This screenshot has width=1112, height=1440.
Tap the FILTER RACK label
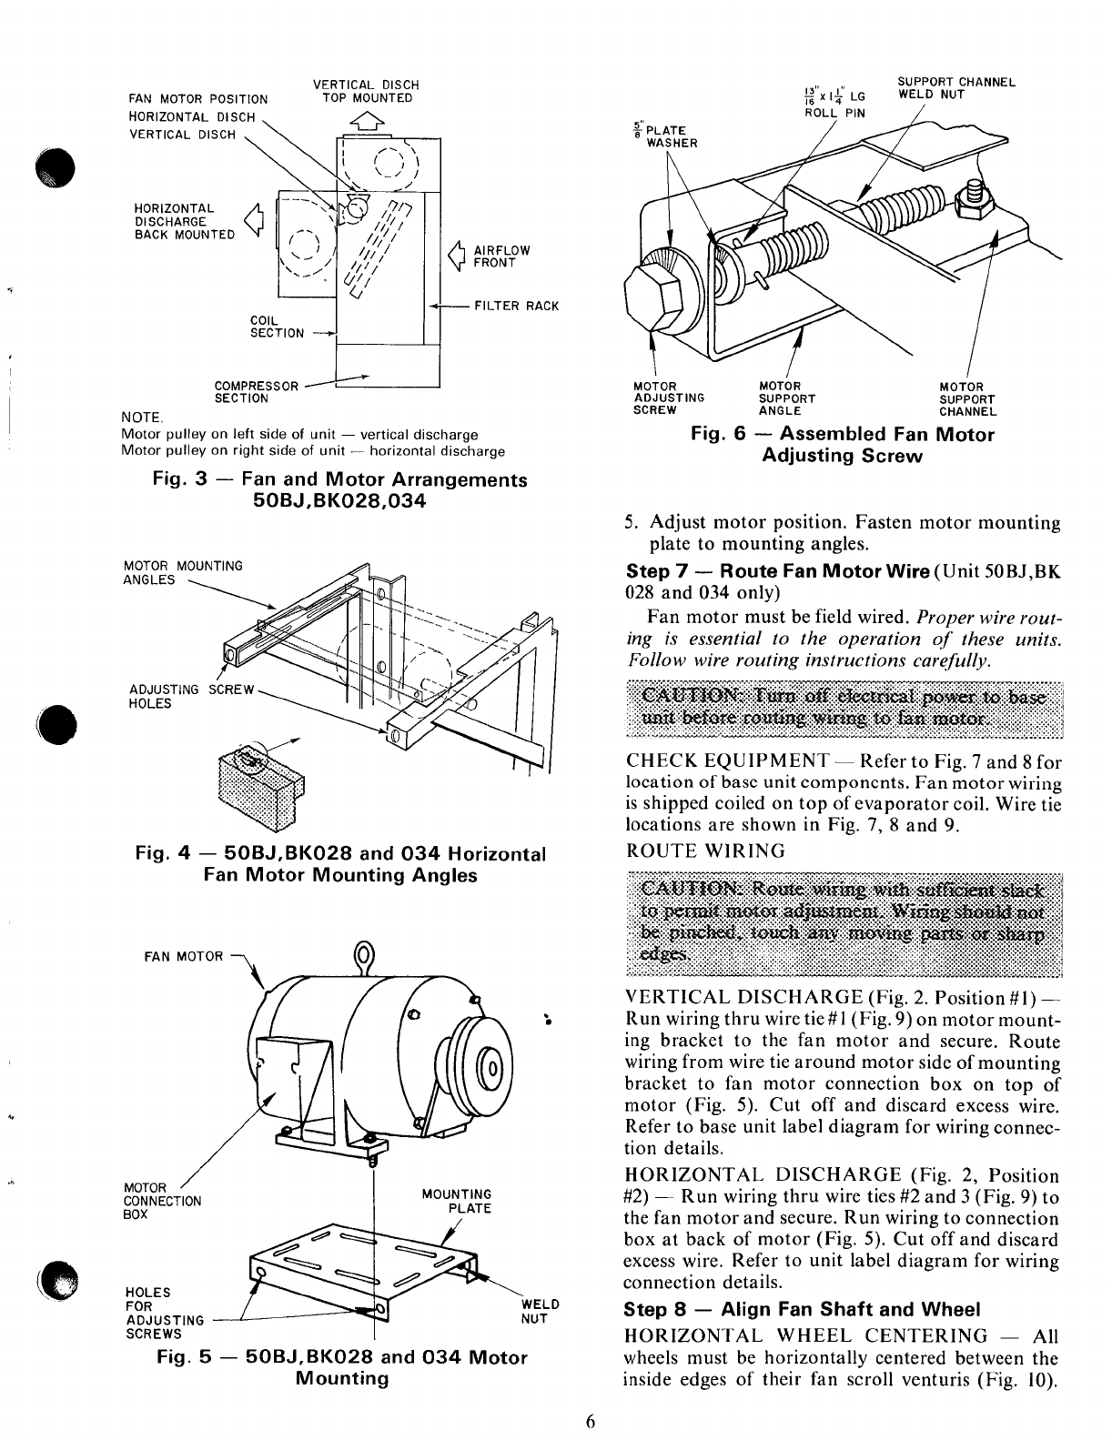pyautogui.click(x=516, y=307)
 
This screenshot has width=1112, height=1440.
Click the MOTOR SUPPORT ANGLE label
pyautogui.click(x=787, y=398)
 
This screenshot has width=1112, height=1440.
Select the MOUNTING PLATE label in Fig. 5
pyautogui.click(x=457, y=1201)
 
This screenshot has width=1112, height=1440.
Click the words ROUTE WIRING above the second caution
pyautogui.click(x=705, y=851)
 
